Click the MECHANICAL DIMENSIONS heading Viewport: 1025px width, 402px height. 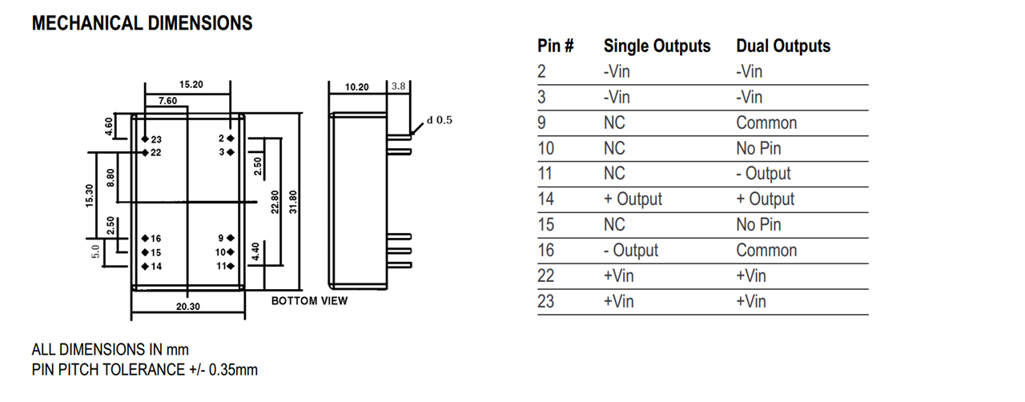(x=142, y=23)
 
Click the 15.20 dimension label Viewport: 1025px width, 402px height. (x=191, y=84)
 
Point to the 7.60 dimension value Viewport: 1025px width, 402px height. (x=167, y=100)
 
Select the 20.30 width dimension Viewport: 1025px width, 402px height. (x=187, y=305)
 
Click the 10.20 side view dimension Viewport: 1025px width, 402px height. (x=356, y=86)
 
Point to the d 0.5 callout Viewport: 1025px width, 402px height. (x=440, y=120)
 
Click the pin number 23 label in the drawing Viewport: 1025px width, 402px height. (x=155, y=139)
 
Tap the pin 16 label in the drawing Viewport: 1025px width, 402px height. (x=155, y=239)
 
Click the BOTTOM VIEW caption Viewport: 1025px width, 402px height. (x=309, y=301)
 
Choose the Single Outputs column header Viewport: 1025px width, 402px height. (x=657, y=46)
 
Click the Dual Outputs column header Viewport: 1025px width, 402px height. (x=783, y=46)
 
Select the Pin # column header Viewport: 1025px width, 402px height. (x=555, y=46)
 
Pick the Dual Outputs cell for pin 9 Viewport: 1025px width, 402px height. (x=766, y=123)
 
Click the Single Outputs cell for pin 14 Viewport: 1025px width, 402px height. (x=633, y=199)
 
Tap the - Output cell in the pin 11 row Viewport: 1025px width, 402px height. (x=763, y=174)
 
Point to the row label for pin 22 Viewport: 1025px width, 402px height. (x=545, y=275)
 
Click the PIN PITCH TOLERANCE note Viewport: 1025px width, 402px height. (x=145, y=369)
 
